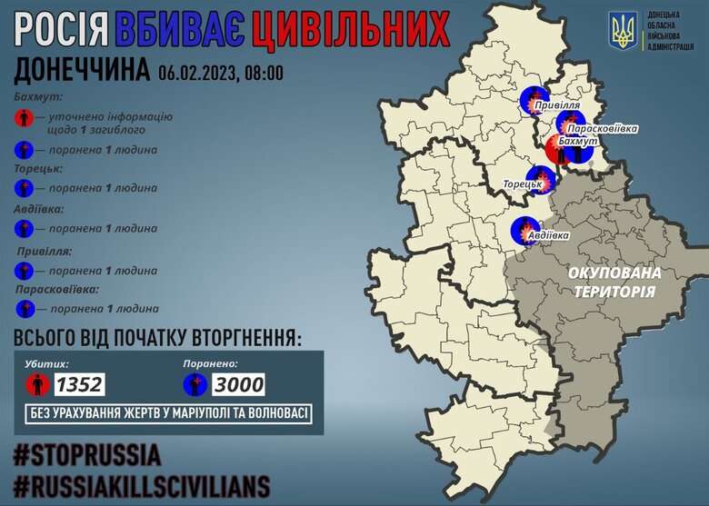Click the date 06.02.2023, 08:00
(220, 73)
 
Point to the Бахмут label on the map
(578, 144)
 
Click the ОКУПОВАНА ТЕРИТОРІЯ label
(614, 281)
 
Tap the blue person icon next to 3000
(195, 384)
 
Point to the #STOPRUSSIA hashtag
(87, 454)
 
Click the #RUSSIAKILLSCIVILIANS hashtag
(141, 483)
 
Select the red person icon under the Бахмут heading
(25, 118)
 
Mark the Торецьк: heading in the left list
(39, 169)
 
